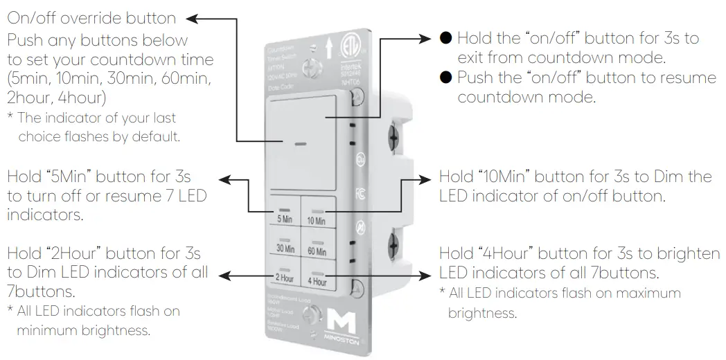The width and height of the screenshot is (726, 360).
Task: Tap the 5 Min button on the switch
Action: click(x=284, y=214)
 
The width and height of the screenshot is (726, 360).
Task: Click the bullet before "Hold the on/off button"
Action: click(x=446, y=38)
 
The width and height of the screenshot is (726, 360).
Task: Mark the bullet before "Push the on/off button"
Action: click(x=446, y=77)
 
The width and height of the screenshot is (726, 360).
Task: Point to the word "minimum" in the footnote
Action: click(x=45, y=330)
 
